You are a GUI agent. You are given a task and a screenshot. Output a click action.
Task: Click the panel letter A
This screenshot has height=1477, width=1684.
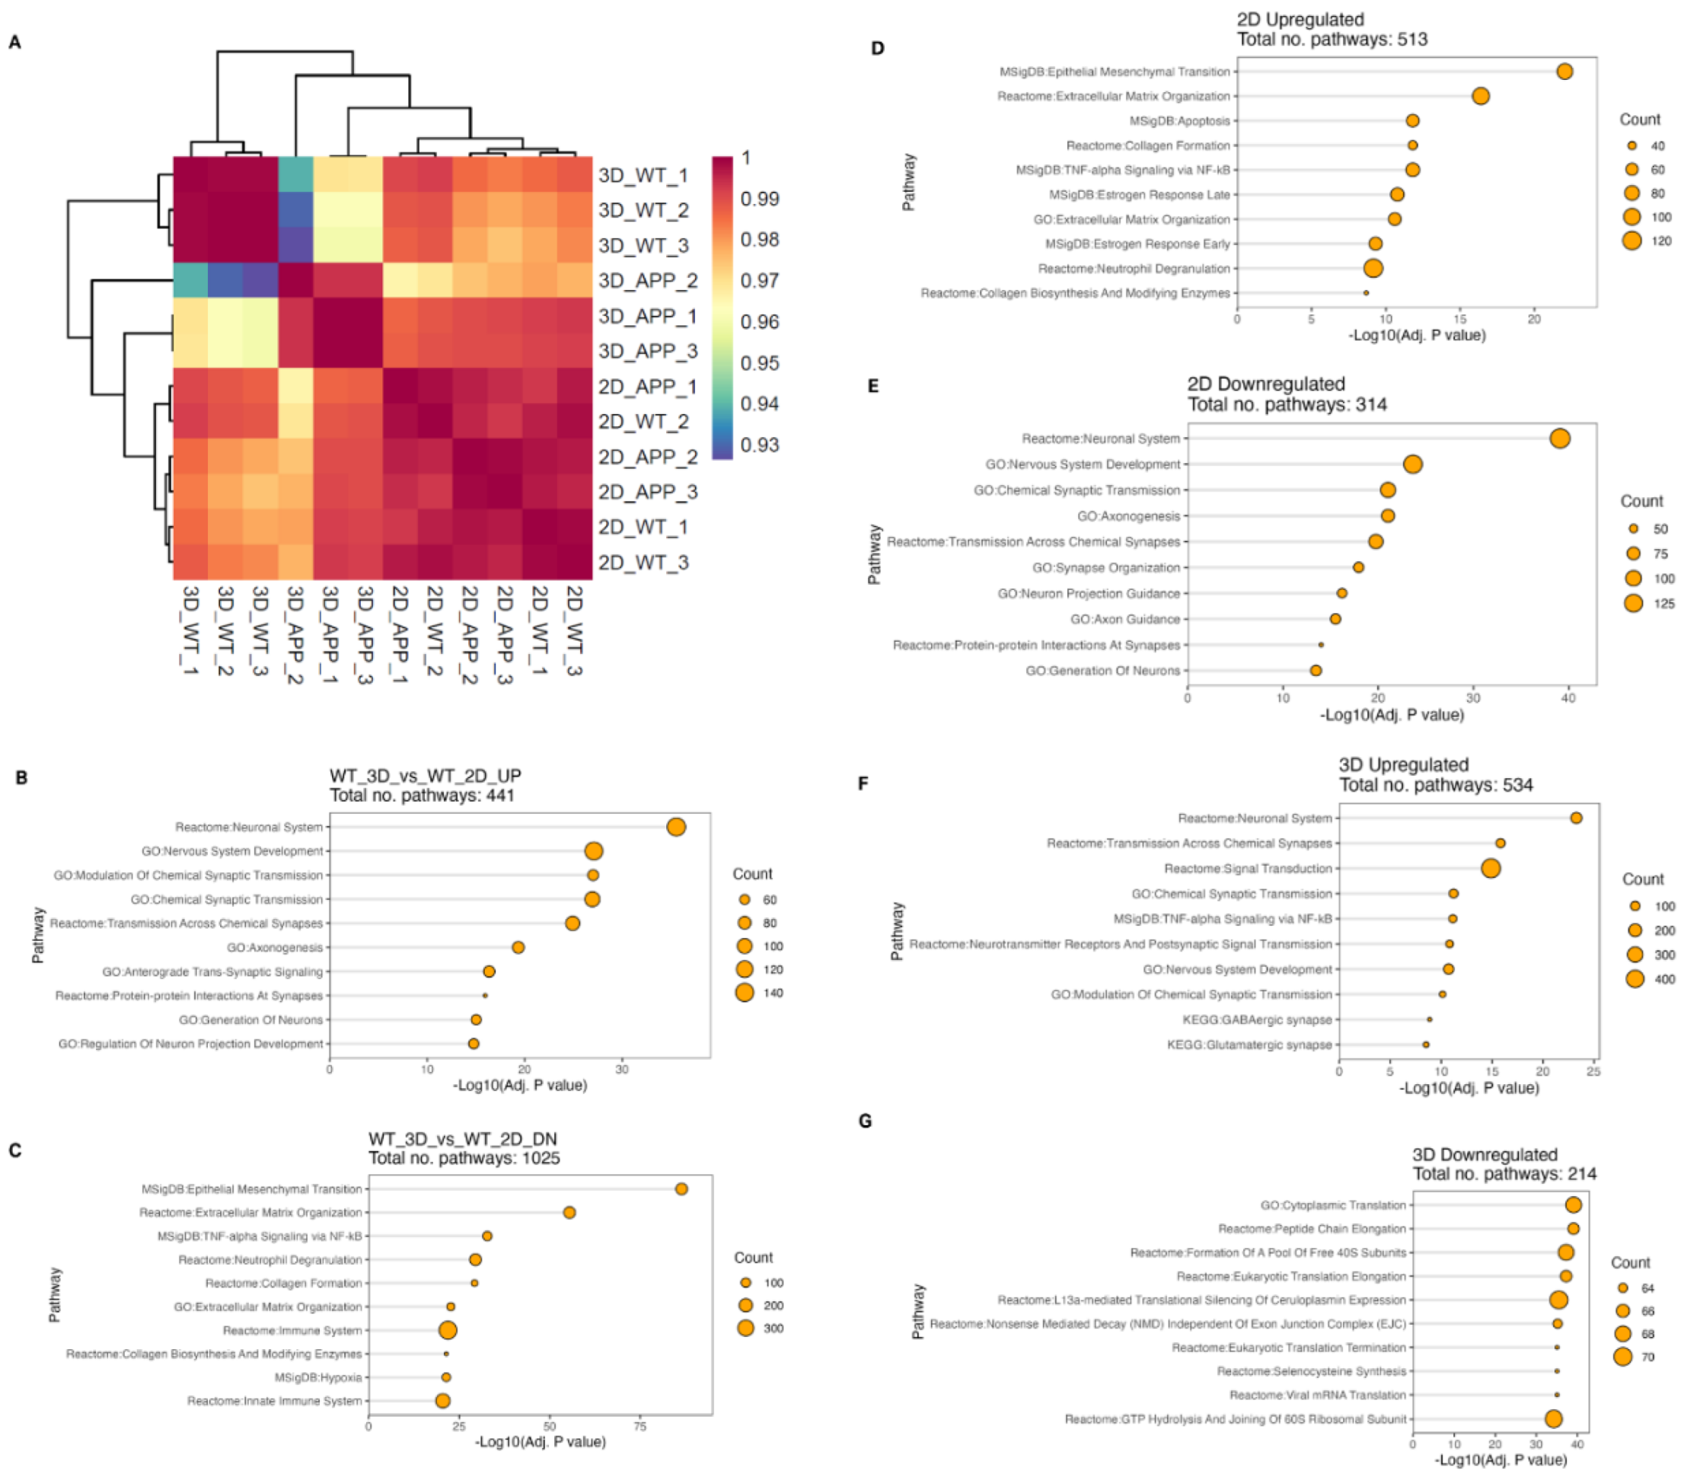tap(14, 42)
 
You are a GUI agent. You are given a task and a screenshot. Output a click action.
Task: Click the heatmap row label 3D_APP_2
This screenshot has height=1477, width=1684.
tap(648, 281)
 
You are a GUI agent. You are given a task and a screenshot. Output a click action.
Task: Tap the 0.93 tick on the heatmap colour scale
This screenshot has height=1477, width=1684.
tap(760, 445)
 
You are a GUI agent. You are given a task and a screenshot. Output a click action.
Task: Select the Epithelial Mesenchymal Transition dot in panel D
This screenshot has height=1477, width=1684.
tap(1564, 72)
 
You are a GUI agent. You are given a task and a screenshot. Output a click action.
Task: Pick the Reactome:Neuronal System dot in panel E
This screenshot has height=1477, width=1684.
tap(1559, 439)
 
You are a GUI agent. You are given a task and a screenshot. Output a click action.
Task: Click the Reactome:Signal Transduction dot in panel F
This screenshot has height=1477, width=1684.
tap(1491, 868)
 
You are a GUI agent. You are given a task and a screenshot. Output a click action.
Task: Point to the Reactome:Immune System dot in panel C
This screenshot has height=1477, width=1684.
tap(448, 1330)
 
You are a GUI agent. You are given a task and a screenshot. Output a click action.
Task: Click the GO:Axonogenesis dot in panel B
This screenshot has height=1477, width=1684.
tap(518, 947)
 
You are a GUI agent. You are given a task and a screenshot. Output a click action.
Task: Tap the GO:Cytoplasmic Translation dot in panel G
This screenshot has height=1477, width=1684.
tap(1573, 1205)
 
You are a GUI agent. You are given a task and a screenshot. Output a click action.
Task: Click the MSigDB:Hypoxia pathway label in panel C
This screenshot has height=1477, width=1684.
tap(318, 1377)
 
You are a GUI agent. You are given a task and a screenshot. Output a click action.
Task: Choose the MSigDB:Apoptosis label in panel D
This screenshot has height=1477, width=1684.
tap(1179, 121)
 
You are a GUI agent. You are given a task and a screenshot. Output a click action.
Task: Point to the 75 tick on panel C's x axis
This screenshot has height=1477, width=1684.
tap(640, 1426)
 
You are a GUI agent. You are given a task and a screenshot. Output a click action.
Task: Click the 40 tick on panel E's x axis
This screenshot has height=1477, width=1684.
tap(1568, 697)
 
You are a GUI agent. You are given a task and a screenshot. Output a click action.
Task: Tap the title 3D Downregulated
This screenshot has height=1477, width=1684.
tap(1485, 1154)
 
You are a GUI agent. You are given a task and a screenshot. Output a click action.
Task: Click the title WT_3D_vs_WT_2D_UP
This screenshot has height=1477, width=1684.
tap(425, 775)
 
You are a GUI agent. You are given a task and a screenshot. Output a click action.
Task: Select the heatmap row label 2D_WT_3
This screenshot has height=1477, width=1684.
tap(643, 563)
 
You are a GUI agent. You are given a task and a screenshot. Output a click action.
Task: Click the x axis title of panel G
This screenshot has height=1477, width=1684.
tap(1501, 1459)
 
